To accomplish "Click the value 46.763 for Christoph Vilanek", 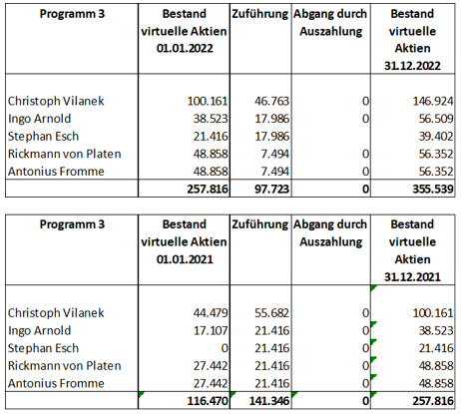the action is pos(271,101).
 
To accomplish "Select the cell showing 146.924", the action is pos(433,101).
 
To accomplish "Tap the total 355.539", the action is pos(433,189).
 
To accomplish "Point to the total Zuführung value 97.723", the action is pos(271,189).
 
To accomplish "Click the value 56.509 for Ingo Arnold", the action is pos(436,119).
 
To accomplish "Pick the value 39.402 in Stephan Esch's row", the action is pos(436,137).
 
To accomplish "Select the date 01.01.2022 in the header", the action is pos(185,48).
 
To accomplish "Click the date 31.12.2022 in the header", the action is pos(412,66).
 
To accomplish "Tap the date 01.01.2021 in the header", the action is pos(185,259).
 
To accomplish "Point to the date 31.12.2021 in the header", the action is pos(412,276).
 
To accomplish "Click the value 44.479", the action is pos(211,313).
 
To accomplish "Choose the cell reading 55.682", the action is pos(271,313).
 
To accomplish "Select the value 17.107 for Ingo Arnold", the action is pos(211,330).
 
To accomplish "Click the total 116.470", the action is pos(208,401).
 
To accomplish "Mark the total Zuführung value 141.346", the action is pos(268,401).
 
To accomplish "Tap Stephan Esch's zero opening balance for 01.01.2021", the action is pos(225,348).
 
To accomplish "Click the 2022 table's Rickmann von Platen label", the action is pos(65,154).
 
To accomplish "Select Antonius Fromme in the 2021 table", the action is pos(56,383).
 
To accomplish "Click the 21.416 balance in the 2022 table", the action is pos(211,137).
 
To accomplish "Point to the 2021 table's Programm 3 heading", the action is pos(72,224).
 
